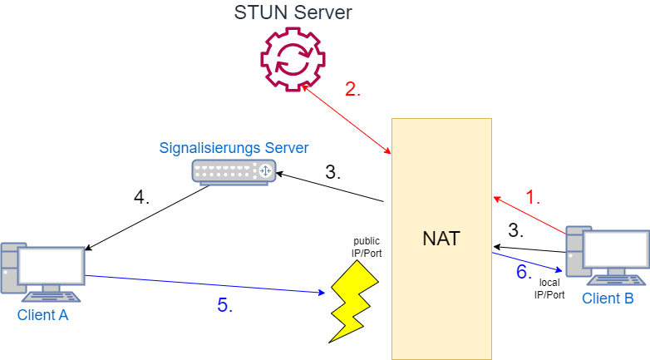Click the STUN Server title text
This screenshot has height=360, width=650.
pos(293,12)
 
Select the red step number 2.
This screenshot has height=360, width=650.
pos(352,90)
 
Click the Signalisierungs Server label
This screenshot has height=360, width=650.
pos(234,148)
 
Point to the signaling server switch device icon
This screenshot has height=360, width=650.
pos(234,171)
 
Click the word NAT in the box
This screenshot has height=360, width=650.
pos(441,239)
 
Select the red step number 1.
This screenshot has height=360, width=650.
pos(533,198)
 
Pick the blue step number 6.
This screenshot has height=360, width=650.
pos(523,272)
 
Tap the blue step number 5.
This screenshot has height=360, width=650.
pos(224,305)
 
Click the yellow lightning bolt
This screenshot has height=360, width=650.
pos(352,299)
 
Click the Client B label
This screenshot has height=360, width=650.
pos(608,298)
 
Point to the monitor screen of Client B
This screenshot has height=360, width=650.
pos(616,249)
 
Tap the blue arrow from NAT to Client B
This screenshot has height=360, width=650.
pos(528,261)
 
